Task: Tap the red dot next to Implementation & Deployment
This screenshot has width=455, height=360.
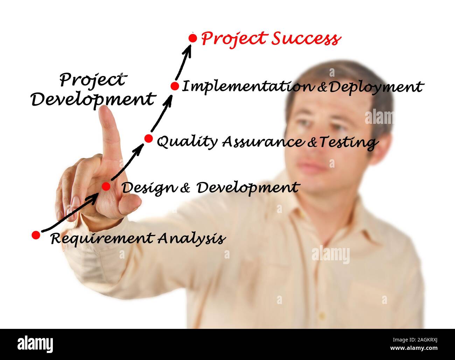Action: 175,86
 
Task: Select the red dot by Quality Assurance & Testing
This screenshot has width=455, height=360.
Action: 148,139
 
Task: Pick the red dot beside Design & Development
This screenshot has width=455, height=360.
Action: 106,186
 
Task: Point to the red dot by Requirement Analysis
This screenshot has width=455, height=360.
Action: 36,235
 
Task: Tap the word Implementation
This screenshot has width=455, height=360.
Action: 247,86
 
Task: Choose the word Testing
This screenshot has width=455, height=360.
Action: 348,142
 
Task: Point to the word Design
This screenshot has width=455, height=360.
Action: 148,188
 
